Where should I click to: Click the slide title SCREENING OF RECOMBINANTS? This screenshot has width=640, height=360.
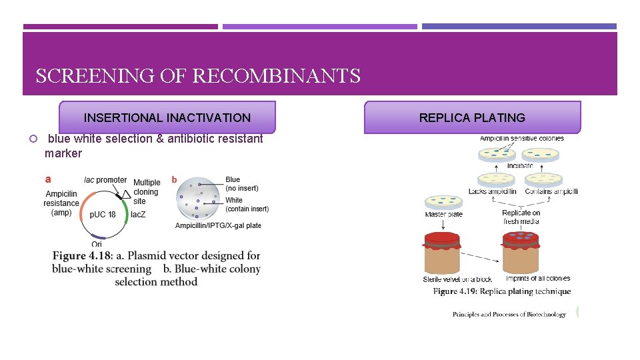(198, 76)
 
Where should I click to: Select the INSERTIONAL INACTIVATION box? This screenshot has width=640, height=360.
(167, 118)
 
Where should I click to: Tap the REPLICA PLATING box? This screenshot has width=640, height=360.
(472, 118)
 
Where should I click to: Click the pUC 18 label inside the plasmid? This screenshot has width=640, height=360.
(103, 215)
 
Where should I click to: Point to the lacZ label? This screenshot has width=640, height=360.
(138, 215)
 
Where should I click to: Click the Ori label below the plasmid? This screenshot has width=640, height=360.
(97, 244)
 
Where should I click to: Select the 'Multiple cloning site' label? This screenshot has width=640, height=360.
(147, 191)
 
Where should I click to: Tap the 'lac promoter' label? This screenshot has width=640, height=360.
(105, 180)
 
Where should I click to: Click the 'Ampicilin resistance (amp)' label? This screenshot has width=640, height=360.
(61, 203)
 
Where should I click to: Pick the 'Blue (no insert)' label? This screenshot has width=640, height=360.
(241, 184)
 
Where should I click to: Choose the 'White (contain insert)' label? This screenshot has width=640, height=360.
(247, 205)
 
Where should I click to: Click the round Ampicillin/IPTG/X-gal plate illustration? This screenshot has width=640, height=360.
(198, 198)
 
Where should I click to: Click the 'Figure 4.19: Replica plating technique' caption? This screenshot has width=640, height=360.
(502, 291)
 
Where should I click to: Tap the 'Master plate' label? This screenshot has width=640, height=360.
(443, 215)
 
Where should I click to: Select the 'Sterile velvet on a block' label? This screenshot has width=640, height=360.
(458, 279)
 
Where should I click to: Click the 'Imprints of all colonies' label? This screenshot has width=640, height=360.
(537, 279)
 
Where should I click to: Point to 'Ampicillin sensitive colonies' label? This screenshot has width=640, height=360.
(521, 139)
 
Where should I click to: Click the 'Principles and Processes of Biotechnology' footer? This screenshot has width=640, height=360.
(509, 315)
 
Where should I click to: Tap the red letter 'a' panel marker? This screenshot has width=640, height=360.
(48, 179)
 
